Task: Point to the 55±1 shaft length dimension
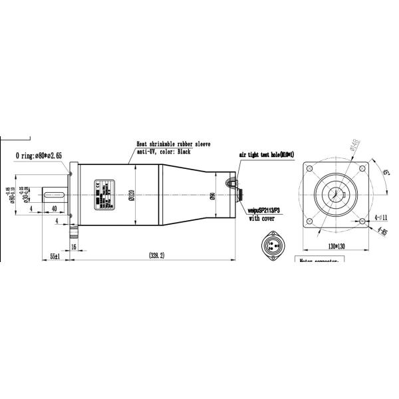pyautogui.click(x=55, y=255)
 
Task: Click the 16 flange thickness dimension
pyautogui.click(x=72, y=246)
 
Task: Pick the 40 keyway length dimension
pyautogui.click(x=53, y=208)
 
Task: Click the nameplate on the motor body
pyautogui.click(x=104, y=195)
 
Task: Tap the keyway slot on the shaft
pyautogui.click(x=53, y=195)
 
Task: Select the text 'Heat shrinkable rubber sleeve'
pyautogui.click(x=174, y=143)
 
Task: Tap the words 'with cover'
pyautogui.click(x=263, y=217)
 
